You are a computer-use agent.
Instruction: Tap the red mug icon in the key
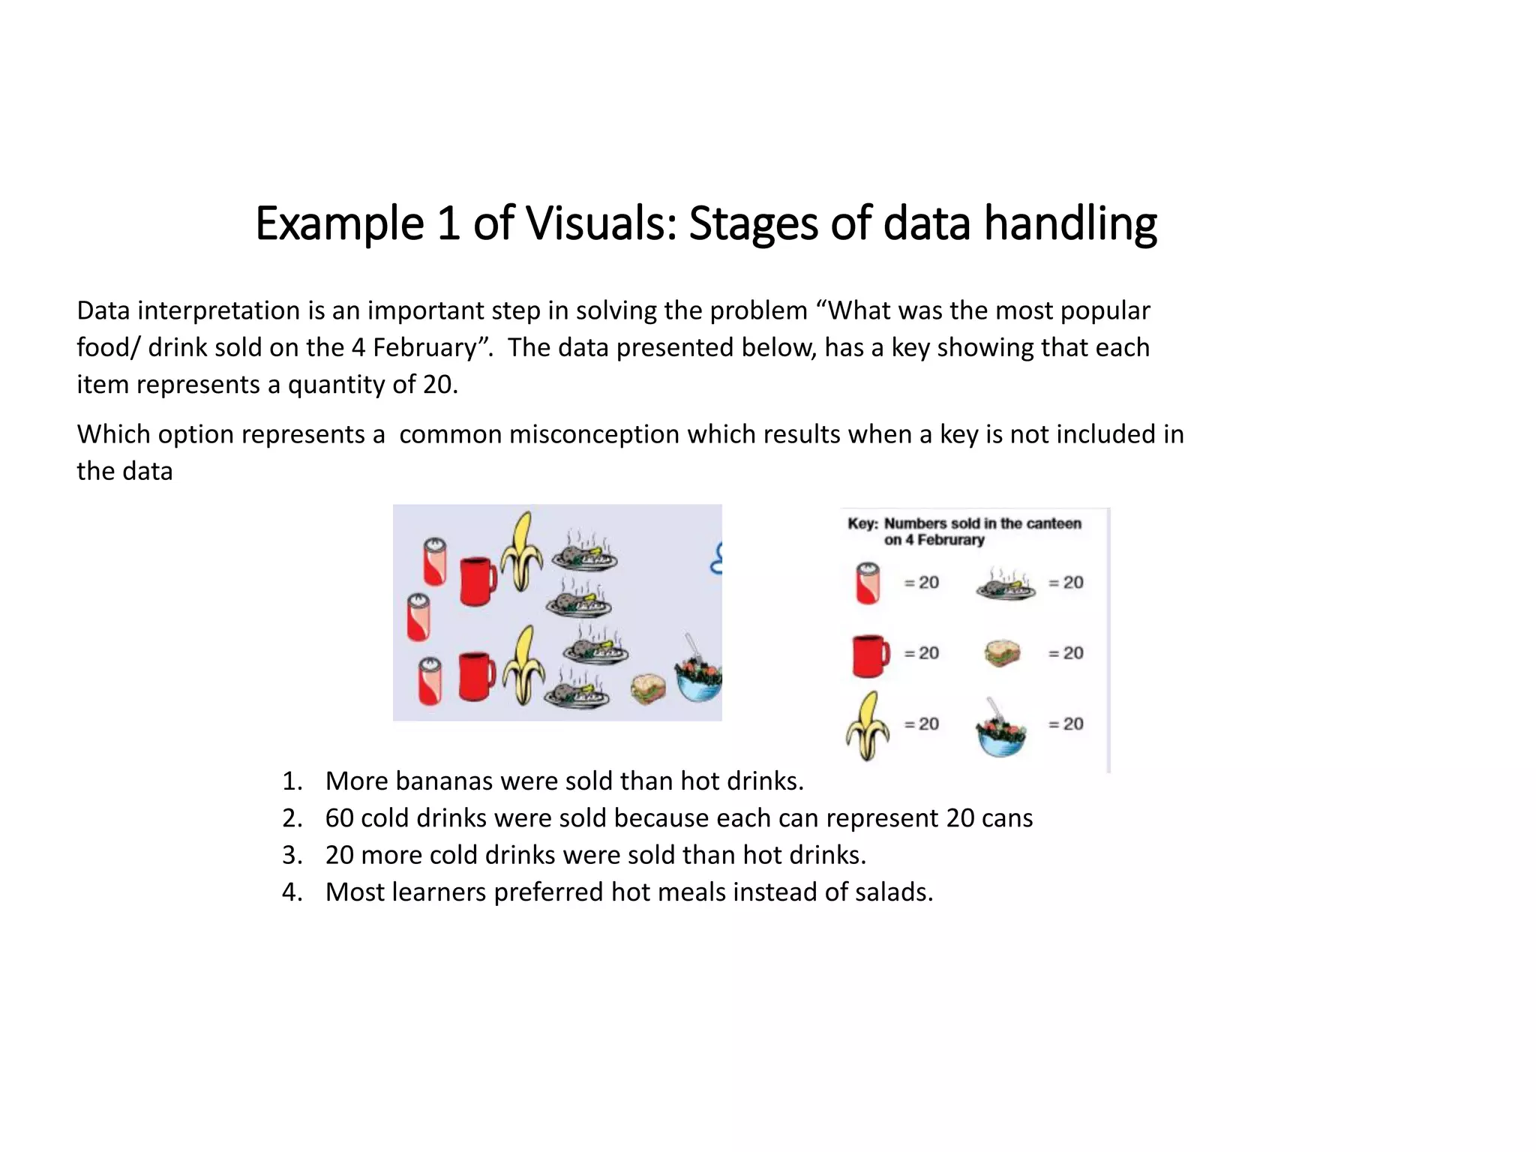tap(870, 655)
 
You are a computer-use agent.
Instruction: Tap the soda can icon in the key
tap(868, 583)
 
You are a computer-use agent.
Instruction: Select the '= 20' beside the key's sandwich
tap(1066, 653)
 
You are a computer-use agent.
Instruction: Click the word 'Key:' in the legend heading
tap(862, 523)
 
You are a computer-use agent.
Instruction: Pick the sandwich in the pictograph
tap(648, 689)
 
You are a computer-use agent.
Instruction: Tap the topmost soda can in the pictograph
tap(435, 562)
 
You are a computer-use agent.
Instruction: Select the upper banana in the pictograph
tap(522, 552)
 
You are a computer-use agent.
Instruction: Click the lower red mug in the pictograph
tap(475, 676)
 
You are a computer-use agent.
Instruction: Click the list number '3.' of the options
tap(292, 855)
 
